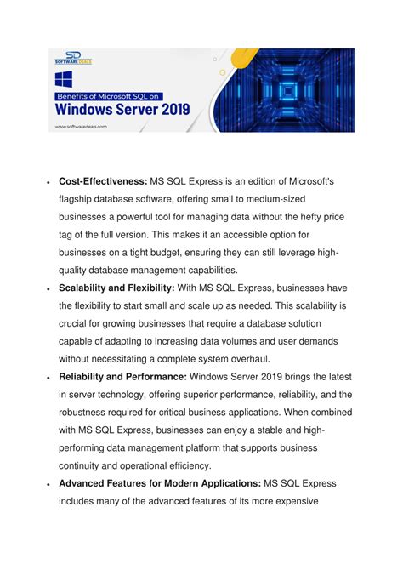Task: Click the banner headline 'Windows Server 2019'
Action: tap(123, 109)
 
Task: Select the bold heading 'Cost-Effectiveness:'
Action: tap(103, 182)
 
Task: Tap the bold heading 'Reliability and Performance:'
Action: tap(123, 376)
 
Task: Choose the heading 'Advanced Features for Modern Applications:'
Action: tap(160, 483)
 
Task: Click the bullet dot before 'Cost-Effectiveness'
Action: tap(48, 183)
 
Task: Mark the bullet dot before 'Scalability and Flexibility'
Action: tap(48, 288)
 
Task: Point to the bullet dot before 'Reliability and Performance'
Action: tap(48, 377)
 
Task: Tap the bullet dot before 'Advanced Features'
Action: tap(48, 484)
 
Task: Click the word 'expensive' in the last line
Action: tap(289, 501)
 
